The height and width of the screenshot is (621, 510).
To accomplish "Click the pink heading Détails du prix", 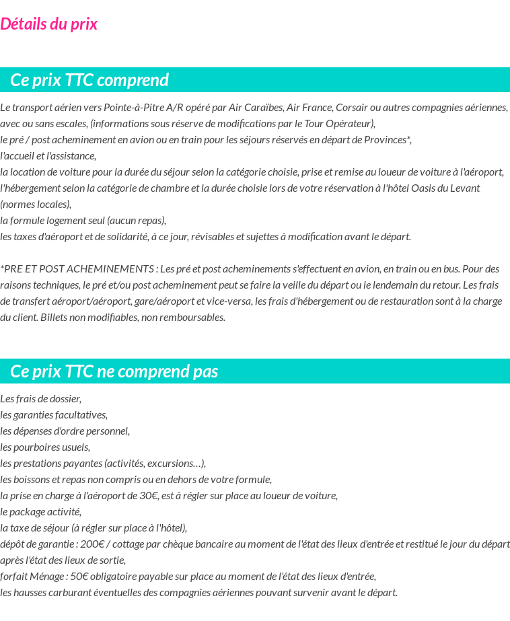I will point(48,24).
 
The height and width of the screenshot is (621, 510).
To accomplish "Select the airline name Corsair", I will point(353,107).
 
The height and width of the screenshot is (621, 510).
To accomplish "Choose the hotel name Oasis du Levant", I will point(445,188).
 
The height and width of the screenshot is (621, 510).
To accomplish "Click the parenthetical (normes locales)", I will point(35,204).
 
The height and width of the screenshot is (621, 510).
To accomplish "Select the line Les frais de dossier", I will point(40,398).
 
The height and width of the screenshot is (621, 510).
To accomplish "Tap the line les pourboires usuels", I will point(45,447).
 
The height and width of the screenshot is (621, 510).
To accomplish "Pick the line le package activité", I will point(40,511).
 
